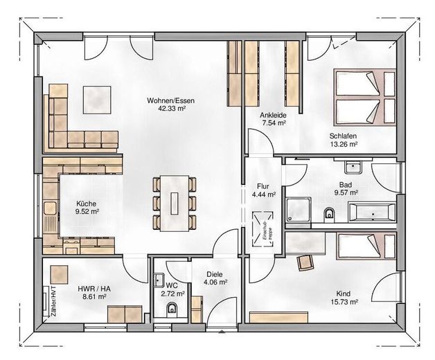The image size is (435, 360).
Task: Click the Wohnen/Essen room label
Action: point(170,100)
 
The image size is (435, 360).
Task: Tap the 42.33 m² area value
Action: point(172,109)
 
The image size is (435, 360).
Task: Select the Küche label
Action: point(86,204)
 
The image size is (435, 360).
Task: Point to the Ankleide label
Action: point(273,115)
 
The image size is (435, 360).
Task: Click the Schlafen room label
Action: point(343,136)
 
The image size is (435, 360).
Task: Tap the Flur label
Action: point(263,186)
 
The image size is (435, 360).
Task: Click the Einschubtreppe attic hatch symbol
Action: point(263,229)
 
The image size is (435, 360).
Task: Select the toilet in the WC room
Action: point(172,309)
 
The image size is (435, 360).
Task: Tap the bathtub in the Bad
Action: point(372,213)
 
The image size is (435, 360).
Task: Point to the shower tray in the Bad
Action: point(299,210)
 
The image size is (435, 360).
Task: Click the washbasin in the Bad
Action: point(353,167)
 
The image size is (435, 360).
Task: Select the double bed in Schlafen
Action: point(364,97)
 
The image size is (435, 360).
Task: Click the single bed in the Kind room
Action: point(366,246)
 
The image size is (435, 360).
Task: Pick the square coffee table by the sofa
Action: point(97,100)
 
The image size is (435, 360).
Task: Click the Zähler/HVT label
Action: point(53,301)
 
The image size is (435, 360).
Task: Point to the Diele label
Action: point(215,274)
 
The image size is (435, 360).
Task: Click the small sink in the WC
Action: point(159,280)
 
